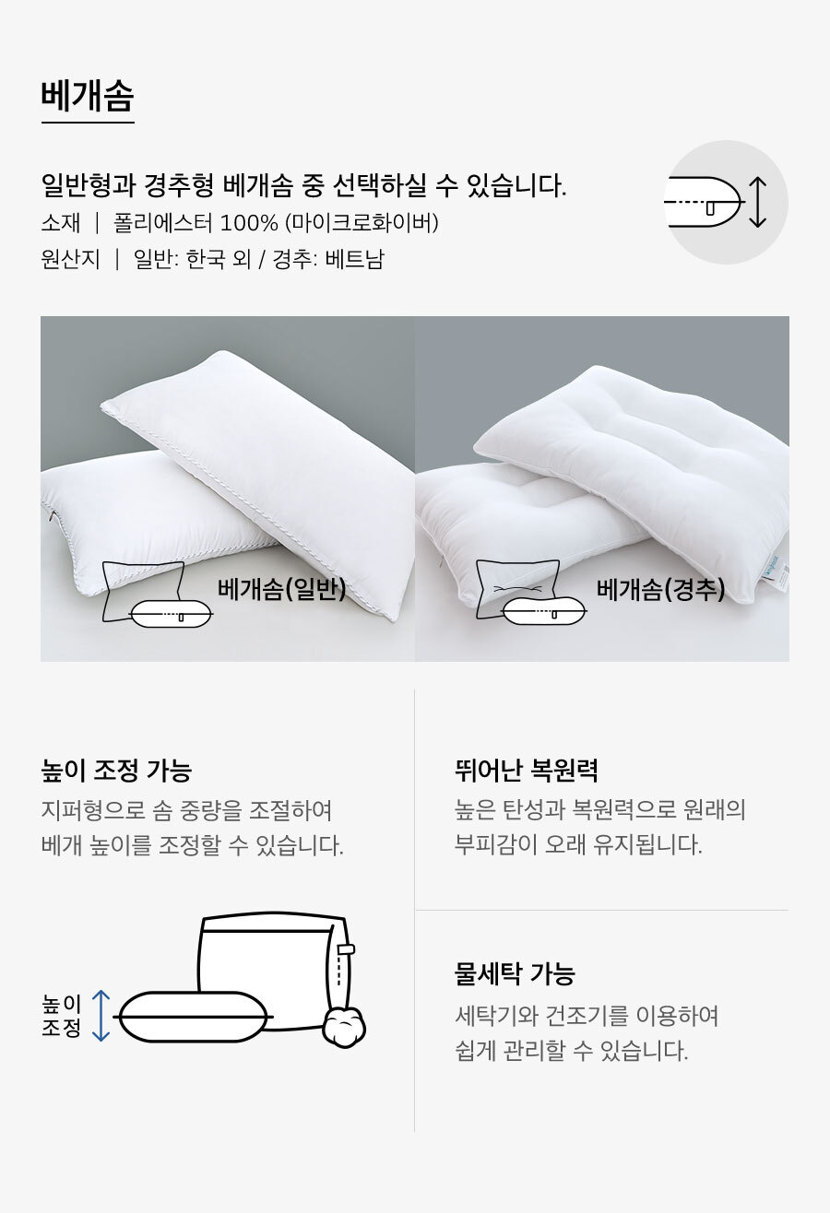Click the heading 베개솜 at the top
pos(88,96)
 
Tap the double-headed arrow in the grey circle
pos(757,202)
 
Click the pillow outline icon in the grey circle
pos(704,202)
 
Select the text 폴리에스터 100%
pos(196,222)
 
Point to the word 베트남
pos(354,259)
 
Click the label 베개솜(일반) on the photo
pos(281,589)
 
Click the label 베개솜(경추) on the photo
pos(660,589)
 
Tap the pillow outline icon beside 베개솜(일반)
pos(157,594)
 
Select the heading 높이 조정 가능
pos(116,770)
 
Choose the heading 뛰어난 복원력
pos(526,770)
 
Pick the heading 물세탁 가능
pos(515,973)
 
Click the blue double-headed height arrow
pos(101,1016)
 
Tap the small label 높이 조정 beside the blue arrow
pos(61,1016)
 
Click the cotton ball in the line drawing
pos(344,1026)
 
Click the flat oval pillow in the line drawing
pos(193,1017)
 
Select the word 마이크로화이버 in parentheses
pos(362,222)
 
